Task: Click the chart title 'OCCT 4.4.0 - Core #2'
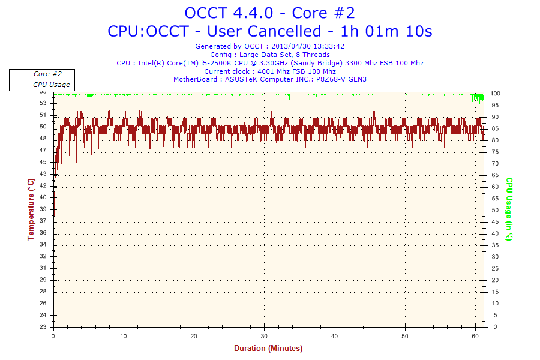270,13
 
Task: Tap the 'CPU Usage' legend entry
51,85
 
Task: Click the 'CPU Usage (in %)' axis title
509,209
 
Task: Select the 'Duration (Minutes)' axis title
268,348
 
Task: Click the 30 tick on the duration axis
264,335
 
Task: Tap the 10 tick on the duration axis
124,335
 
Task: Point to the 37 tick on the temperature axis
43,221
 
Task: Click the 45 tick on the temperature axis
43,162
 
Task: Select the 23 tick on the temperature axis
43,327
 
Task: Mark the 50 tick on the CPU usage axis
495,210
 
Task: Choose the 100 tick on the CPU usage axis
496,94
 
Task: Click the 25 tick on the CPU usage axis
495,269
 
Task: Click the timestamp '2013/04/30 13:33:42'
308,46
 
